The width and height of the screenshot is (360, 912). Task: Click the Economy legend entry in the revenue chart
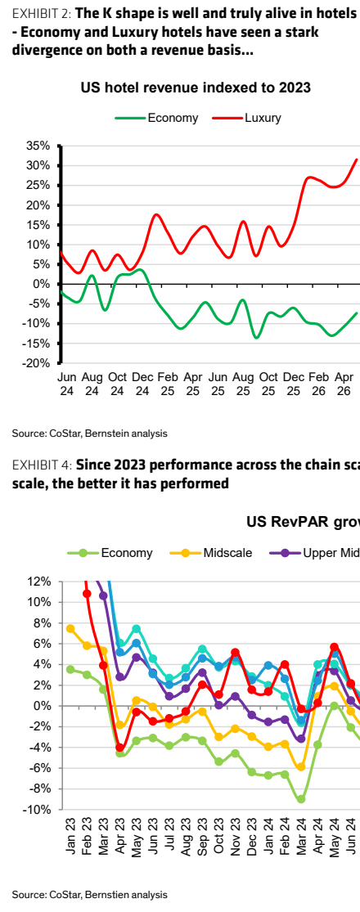coord(156,118)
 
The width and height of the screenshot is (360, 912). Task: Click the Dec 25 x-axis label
coord(295,383)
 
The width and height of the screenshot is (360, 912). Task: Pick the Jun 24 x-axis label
coord(66,383)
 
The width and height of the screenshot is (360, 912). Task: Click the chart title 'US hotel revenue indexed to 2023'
coord(196,88)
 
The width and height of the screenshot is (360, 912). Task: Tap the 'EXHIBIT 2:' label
coord(39,14)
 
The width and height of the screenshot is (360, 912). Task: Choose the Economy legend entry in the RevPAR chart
coord(110,553)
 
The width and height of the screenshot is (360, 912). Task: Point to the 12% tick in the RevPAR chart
coord(41,581)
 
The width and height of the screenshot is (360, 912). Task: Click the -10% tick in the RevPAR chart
coord(39,810)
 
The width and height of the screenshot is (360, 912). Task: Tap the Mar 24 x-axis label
coord(301,838)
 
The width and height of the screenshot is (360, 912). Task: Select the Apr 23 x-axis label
coord(120,838)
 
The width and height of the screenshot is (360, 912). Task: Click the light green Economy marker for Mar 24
coord(301,799)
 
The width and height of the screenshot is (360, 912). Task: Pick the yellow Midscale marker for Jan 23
coord(70,629)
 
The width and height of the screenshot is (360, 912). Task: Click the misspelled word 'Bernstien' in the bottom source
coord(112,894)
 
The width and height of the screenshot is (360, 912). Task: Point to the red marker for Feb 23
coord(87,594)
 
